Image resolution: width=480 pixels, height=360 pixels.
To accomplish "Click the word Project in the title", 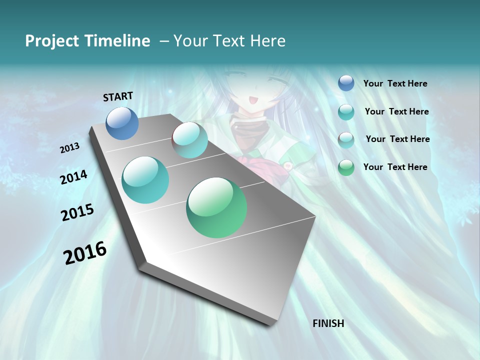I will tap(49, 41).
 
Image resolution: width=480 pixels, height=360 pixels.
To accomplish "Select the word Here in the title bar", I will tap(267, 41).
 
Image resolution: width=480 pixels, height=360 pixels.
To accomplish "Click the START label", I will tap(118, 96).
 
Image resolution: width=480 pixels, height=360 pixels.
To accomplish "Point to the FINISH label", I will tap(328, 323).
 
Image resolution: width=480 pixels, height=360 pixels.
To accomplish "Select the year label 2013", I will tap(69, 148).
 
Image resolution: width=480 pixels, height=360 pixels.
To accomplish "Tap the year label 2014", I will tap(73, 177).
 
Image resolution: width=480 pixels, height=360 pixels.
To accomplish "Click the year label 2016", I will tap(85, 252).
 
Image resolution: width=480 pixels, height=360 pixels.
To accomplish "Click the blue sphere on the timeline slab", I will tap(122, 123).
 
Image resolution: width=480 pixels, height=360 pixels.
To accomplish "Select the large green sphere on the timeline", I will tap(216, 207).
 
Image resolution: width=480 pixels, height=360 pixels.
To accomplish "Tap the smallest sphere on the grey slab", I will tap(190, 140).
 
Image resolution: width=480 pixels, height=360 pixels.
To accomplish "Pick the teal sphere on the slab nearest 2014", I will tap(145, 180).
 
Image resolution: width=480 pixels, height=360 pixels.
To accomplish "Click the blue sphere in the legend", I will tap(346, 83).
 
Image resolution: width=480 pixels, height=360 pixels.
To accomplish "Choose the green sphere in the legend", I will tap(346, 167).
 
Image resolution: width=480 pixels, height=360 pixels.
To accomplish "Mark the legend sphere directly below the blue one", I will tap(346, 112).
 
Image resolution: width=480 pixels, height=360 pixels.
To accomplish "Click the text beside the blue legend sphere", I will tap(395, 83).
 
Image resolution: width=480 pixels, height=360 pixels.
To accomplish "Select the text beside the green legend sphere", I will tap(395, 167).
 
